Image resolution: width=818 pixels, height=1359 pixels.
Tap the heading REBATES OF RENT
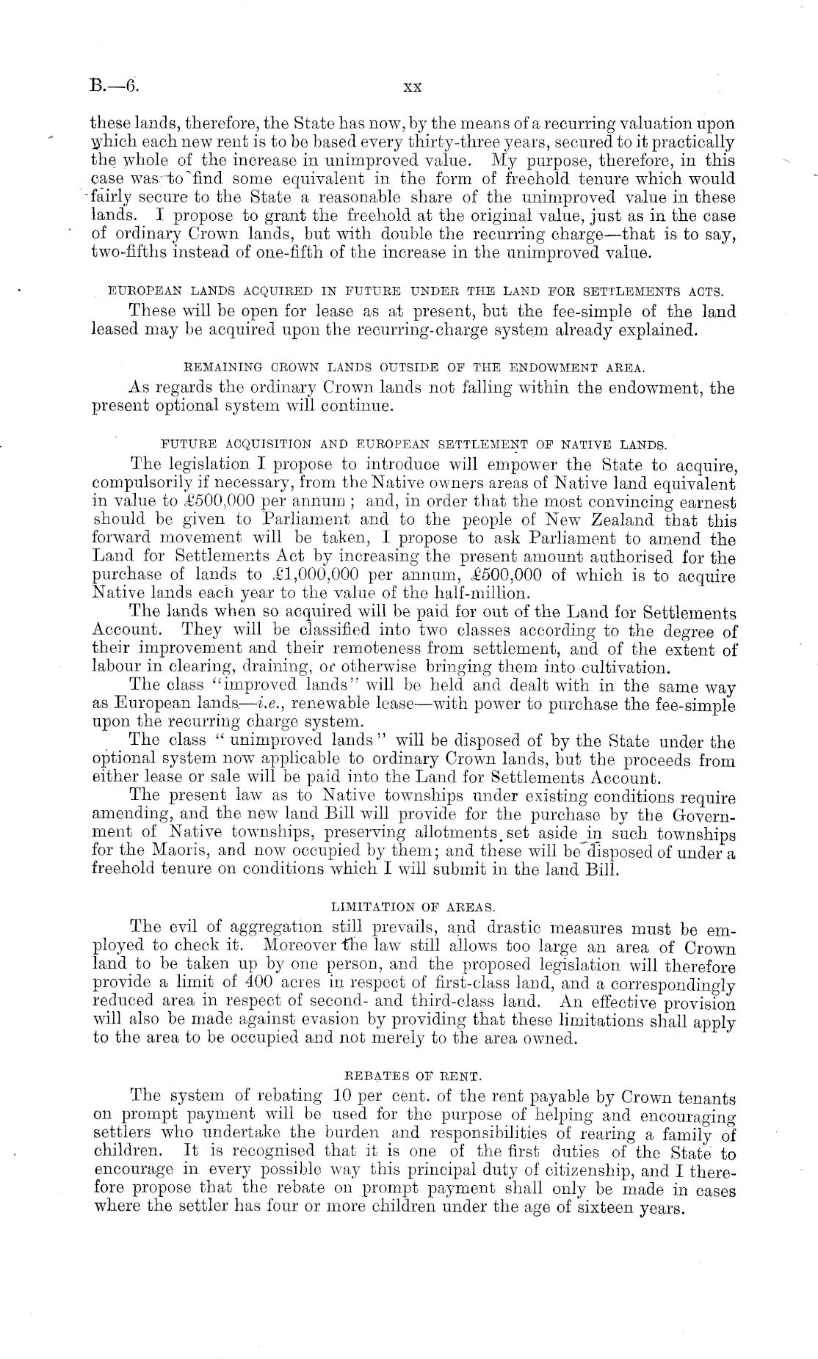click(413, 1076)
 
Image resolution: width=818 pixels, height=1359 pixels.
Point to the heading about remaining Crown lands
click(413, 367)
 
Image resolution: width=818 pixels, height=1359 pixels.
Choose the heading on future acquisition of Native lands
click(413, 444)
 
